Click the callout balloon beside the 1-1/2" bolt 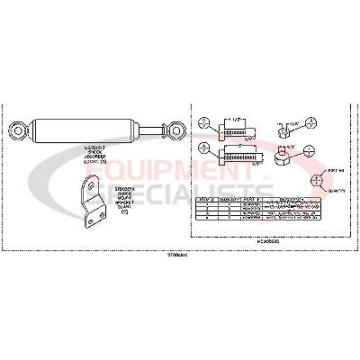[x=204, y=122]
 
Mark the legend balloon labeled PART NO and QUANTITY [x=318, y=179]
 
